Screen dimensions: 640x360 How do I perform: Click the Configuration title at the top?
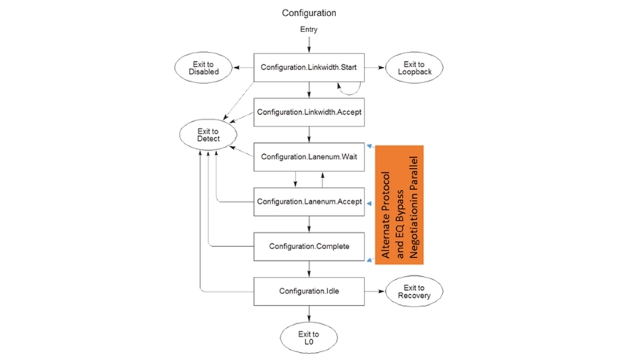click(309, 13)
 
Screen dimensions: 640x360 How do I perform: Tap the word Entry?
click(308, 29)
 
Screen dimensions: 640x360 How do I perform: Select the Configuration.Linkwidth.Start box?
click(309, 67)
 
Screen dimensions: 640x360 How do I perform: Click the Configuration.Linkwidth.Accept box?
click(309, 112)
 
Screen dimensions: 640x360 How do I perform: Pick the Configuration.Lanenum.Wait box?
click(309, 157)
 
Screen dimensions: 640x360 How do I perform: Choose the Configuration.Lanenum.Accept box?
click(309, 202)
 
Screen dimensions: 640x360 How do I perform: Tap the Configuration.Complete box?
click(309, 247)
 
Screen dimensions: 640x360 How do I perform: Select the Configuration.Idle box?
click(309, 291)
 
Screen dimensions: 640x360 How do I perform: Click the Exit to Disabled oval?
click(203, 68)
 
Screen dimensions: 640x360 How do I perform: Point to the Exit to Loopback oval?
click(414, 68)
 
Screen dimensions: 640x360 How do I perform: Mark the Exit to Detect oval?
click(208, 134)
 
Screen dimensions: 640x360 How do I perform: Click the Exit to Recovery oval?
click(414, 291)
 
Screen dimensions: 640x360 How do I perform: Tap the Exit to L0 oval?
click(308, 338)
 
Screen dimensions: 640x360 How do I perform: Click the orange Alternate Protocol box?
click(399, 205)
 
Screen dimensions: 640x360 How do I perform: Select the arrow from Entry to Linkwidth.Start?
click(309, 45)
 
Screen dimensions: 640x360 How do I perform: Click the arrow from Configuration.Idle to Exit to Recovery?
click(375, 291)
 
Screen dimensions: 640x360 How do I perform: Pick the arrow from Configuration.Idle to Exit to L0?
click(309, 314)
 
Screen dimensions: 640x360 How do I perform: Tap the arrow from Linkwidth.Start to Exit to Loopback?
click(375, 67)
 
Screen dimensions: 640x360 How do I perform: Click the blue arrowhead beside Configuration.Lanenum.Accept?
click(370, 203)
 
